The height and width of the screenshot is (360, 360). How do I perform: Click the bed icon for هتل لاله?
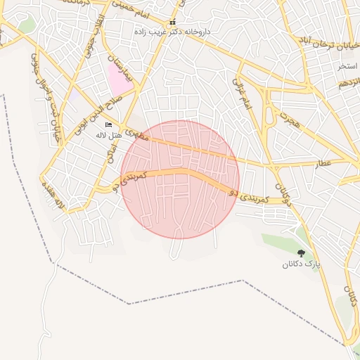pyautogui.click(x=108, y=124)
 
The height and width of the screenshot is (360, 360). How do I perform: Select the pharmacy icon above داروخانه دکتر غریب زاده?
pyautogui.click(x=173, y=22)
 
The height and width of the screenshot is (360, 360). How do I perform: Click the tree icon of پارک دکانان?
pyautogui.click(x=301, y=253)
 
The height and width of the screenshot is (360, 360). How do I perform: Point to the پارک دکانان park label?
pyautogui.click(x=301, y=265)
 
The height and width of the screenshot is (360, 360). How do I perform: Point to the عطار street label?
pyautogui.click(x=322, y=163)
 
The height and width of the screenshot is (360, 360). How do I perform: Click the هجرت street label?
pyautogui.click(x=288, y=117)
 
